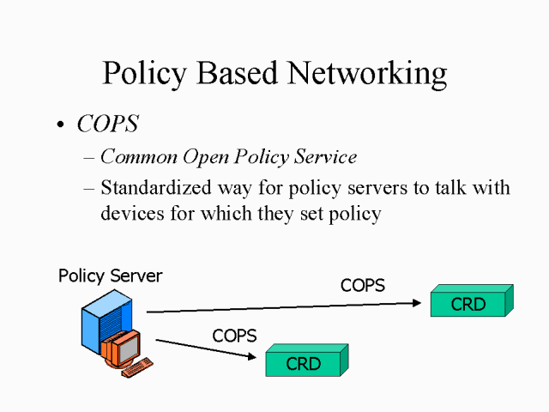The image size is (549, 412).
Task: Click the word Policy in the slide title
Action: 141,74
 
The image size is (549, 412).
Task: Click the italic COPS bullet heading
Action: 107,124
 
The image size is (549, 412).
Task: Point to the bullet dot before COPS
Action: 60,125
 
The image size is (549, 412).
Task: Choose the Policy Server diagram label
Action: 110,276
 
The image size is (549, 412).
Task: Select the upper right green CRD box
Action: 468,304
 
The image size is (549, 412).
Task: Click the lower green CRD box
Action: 304,363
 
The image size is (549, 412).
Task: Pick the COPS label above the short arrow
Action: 234,336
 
